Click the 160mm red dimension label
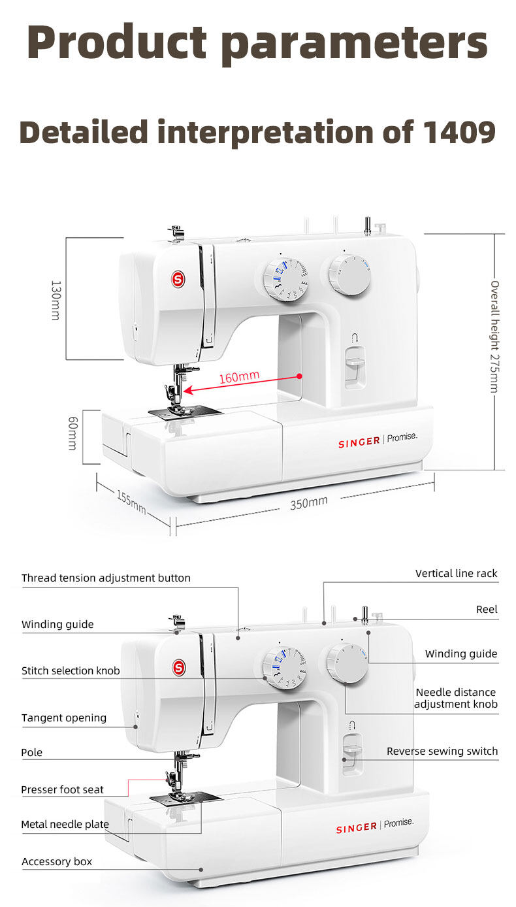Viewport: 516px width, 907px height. [239, 377]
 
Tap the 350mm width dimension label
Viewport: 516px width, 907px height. [309, 503]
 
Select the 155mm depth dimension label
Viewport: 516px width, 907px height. [131, 501]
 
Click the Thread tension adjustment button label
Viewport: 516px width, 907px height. [106, 578]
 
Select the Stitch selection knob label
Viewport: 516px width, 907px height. [71, 670]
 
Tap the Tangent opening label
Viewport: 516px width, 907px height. [64, 718]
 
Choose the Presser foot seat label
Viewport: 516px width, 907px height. [62, 790]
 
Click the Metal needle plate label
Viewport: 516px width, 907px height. [65, 825]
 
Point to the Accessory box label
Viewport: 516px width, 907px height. [57, 862]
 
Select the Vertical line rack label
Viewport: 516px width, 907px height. [456, 574]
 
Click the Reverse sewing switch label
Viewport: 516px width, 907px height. [442, 751]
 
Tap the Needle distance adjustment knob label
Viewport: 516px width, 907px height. [456, 699]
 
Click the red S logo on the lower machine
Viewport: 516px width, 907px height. [178, 667]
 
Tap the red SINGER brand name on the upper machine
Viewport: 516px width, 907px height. [359, 443]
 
